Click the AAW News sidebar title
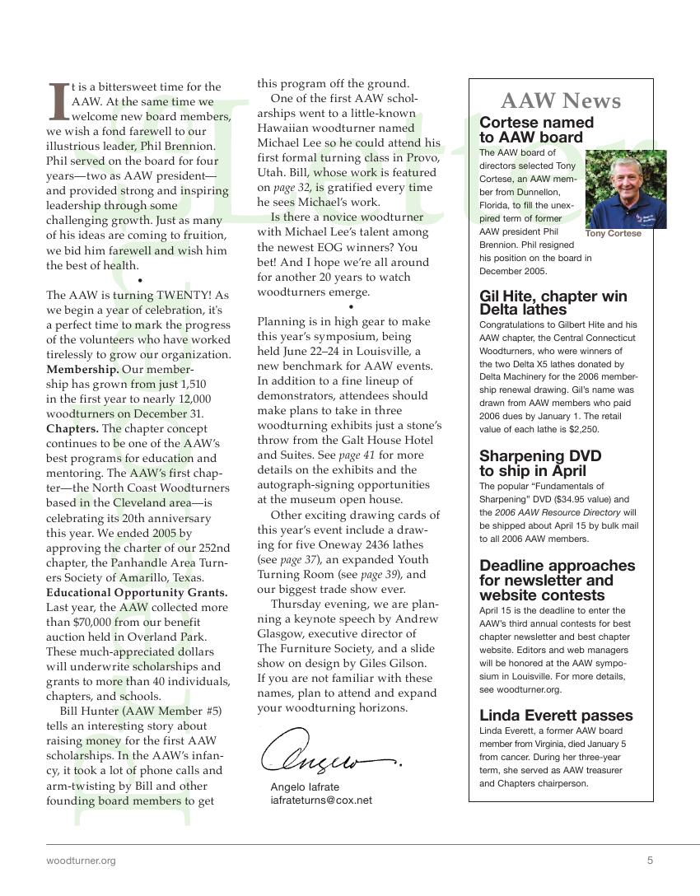(560, 101)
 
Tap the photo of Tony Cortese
(626, 189)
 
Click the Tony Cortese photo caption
(613, 234)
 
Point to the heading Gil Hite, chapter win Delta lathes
(553, 303)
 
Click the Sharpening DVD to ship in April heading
(540, 464)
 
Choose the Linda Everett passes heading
(556, 715)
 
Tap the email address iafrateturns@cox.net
(321, 800)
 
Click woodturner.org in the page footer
(81, 861)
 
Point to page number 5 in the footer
(650, 861)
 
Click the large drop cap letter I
(58, 100)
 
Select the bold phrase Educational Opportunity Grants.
(137, 593)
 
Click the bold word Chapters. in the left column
(72, 428)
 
